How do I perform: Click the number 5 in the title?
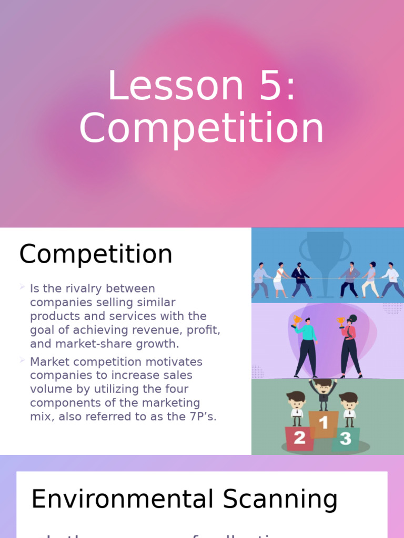pos(268,87)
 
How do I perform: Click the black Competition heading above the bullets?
pos(96,254)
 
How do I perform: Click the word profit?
pos(204,330)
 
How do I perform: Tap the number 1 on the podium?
pos(324,422)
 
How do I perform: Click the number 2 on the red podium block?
pos(299,438)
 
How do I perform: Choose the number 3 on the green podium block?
pos(345,439)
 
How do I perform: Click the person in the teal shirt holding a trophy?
pos(306,344)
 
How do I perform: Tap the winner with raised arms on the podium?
pos(324,391)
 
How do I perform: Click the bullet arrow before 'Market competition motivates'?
pos(22,360)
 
